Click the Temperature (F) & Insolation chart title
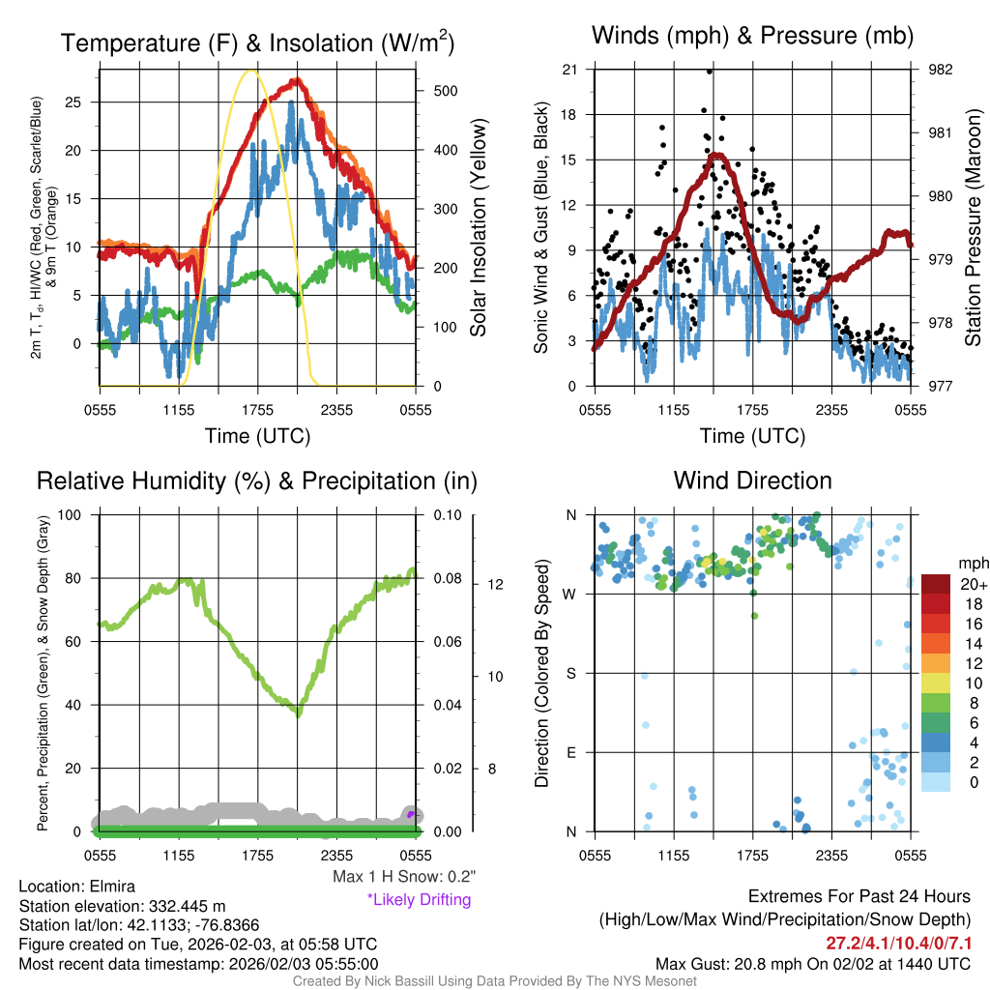pos(257,44)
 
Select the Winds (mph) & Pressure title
pos(752,37)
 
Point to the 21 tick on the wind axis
pos(569,70)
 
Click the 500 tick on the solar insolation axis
pos(445,91)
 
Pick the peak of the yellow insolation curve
pos(251,71)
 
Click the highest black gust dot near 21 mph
pos(710,72)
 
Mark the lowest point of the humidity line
pos(299,714)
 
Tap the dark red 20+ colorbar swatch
pos(937,584)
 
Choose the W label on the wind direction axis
pos(570,594)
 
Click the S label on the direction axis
pos(571,673)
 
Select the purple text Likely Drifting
pos(419,899)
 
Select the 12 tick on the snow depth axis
pos(492,584)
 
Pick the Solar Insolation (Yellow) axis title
pos(478,227)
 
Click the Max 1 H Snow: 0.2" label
pos(403,877)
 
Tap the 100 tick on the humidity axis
pos(72,514)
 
